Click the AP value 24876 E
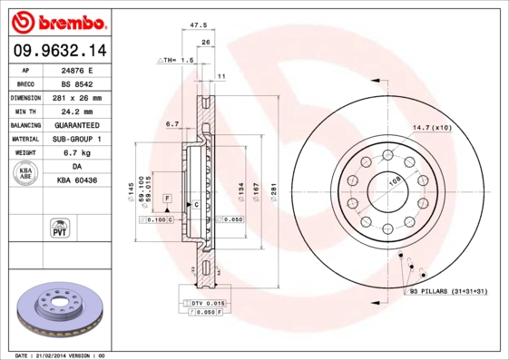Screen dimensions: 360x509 [76, 69]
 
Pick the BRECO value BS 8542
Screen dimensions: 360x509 [76, 83]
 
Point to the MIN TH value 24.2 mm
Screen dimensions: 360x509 [76, 111]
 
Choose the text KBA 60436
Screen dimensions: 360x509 [77, 180]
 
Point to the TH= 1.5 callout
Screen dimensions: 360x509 [176, 60]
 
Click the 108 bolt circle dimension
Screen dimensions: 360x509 [394, 181]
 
